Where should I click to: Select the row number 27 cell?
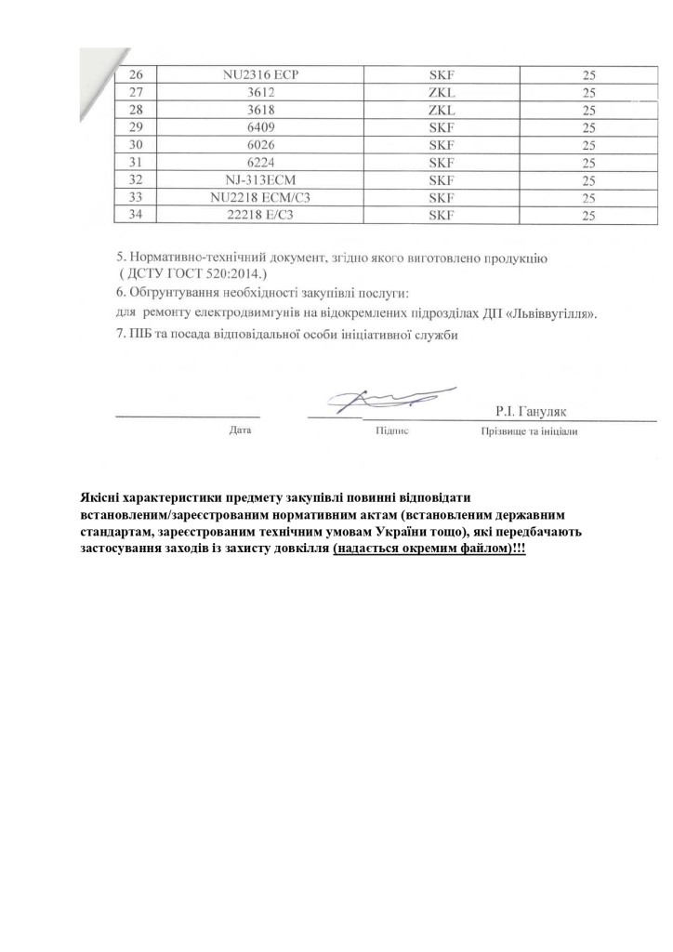coord(139,92)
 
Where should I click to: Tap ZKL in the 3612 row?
coord(440,92)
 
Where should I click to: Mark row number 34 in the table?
coord(139,215)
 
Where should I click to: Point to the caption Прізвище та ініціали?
coord(529,432)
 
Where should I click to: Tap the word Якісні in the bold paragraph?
coord(101,497)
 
